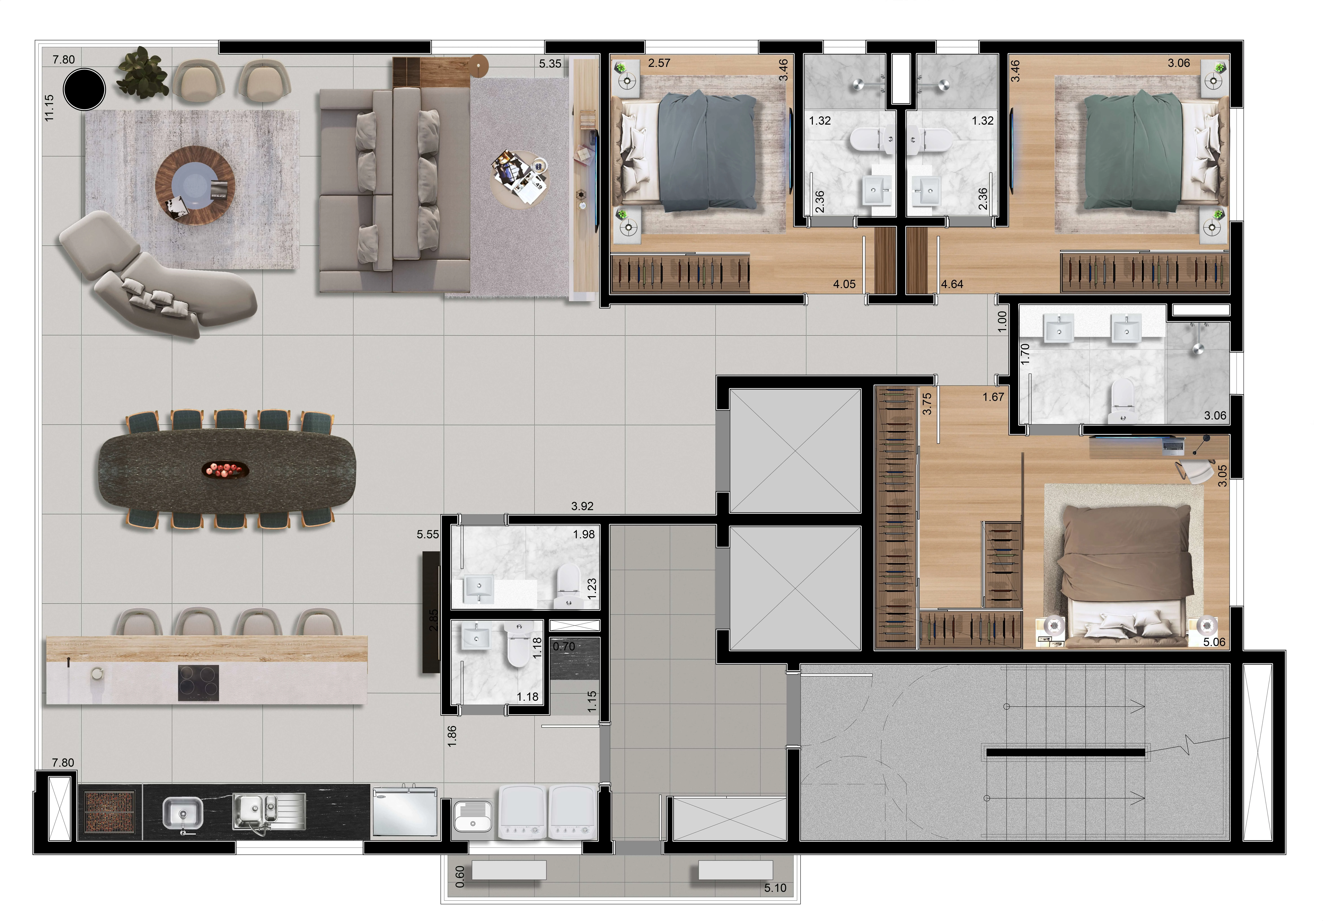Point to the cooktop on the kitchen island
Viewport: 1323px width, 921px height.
click(198, 683)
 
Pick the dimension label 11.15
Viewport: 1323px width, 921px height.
click(49, 108)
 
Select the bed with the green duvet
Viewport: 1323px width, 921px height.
click(1141, 153)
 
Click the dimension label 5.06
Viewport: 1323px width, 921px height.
click(1214, 642)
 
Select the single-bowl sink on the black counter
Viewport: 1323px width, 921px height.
click(182, 813)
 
